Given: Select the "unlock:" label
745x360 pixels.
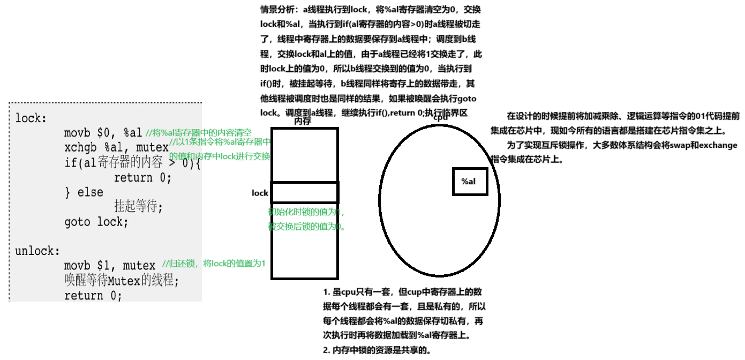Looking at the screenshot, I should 37,251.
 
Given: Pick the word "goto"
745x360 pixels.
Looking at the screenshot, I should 78,222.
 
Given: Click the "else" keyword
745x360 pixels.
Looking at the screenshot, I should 91,192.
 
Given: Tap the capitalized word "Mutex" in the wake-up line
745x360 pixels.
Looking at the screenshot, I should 124,280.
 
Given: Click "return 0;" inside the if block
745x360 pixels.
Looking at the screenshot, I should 142,178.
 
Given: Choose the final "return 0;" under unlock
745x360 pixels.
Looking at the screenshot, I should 93,295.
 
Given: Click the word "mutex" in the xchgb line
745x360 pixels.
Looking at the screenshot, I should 153,148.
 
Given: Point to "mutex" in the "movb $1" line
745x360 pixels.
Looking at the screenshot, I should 139,266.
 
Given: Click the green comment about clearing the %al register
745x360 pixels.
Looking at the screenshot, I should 199,132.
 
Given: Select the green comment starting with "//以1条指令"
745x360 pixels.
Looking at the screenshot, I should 220,142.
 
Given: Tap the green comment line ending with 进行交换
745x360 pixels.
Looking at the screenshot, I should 220,156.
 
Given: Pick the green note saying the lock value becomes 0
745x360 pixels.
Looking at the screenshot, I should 307,227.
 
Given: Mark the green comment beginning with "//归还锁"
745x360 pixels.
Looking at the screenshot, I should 214,264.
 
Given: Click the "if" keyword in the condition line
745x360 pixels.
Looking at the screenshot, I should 71,163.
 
